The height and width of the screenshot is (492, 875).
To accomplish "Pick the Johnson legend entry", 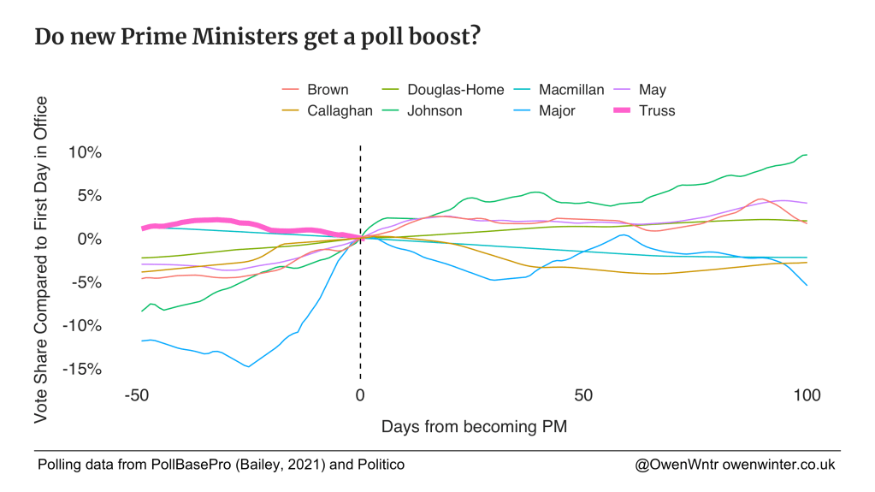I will click(x=435, y=110).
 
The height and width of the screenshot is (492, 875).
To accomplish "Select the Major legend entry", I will click(x=557, y=110).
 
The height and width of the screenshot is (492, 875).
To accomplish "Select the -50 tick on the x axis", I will click(x=136, y=396).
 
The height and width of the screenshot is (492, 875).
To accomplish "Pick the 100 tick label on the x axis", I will click(x=807, y=396).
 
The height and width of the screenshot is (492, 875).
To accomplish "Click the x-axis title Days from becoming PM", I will click(x=474, y=425).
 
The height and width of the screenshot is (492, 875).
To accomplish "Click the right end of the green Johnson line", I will click(x=807, y=155).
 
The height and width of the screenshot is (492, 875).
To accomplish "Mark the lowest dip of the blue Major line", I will click(x=248, y=366).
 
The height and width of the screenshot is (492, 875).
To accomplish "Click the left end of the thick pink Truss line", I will click(x=144, y=228).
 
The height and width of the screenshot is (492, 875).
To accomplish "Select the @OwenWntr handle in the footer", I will click(x=673, y=465).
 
